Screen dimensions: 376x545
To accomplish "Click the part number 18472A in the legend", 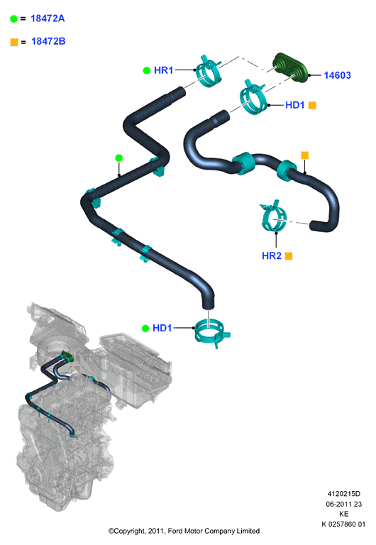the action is click(x=48, y=18).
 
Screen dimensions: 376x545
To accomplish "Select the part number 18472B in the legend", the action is click(x=48, y=41).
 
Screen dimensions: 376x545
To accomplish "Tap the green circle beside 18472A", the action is click(x=13, y=18).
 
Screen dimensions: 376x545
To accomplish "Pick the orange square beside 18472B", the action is click(x=14, y=42).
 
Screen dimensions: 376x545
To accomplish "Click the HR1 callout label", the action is click(x=163, y=70).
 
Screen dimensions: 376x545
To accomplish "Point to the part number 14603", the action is click(x=337, y=75).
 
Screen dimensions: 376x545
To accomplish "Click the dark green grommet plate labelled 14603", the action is click(x=290, y=67).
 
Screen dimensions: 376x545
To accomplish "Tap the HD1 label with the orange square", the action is click(x=294, y=105).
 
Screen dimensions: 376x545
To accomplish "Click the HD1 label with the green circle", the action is click(x=162, y=328).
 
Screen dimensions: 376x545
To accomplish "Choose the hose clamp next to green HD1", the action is click(x=211, y=334).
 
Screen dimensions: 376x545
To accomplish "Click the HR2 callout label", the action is click(x=272, y=255).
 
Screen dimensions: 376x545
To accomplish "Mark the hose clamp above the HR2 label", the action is click(x=274, y=216).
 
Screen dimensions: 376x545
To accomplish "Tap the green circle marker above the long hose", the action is click(x=119, y=158).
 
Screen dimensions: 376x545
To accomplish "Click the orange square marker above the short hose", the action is click(x=305, y=155).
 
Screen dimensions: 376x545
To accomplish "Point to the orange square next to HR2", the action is click(x=289, y=256).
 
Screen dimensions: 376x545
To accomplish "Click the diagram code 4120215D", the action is click(x=343, y=494).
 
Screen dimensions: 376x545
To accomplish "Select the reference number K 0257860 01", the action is click(x=343, y=524).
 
